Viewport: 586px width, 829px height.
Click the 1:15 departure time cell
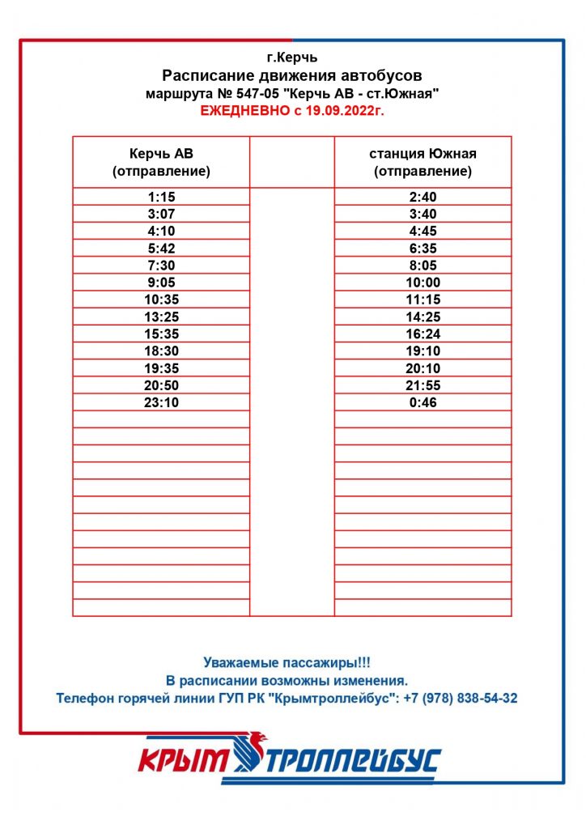click(x=161, y=197)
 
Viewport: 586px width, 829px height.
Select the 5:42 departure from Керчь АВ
click(x=161, y=249)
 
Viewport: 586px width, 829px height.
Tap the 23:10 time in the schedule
click(x=161, y=402)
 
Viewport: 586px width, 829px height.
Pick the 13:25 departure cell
click(x=161, y=317)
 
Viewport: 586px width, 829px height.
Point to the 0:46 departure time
click(x=423, y=402)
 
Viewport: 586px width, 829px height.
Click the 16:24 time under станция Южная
click(x=423, y=334)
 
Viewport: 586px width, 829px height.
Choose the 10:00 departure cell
click(x=423, y=283)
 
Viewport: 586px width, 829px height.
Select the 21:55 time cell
click(x=423, y=385)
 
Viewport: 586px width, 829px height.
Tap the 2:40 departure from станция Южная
click(x=423, y=197)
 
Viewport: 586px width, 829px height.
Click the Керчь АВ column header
click(x=161, y=162)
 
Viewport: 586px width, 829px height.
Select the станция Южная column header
click(x=423, y=162)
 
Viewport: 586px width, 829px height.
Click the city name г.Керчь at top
click(x=292, y=57)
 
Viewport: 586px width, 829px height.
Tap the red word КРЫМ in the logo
click(x=186, y=762)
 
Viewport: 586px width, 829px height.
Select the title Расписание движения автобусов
click(x=292, y=76)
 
